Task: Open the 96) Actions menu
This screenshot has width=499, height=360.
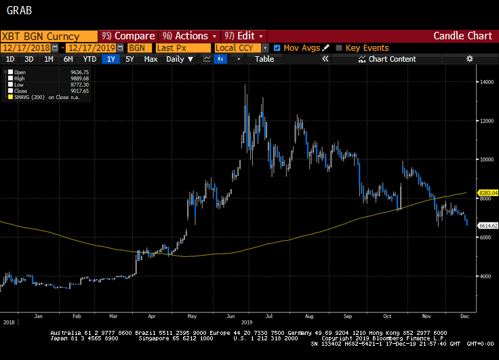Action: pyautogui.click(x=189, y=36)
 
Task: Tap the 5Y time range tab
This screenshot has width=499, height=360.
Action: pyautogui.click(x=129, y=59)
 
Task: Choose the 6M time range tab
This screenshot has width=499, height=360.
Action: pyautogui.click(x=68, y=59)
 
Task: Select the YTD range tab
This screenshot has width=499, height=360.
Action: pyautogui.click(x=89, y=59)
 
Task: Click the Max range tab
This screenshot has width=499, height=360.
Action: pyautogui.click(x=151, y=59)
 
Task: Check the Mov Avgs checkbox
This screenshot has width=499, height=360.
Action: pyautogui.click(x=277, y=48)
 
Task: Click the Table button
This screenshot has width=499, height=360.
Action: pyautogui.click(x=264, y=59)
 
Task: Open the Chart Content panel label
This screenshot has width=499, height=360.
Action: pyautogui.click(x=392, y=59)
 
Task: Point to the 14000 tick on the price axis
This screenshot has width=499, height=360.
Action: pyautogui.click(x=486, y=82)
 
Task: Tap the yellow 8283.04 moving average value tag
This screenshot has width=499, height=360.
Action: pyautogui.click(x=488, y=193)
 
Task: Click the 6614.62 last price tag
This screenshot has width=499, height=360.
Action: pyautogui.click(x=488, y=226)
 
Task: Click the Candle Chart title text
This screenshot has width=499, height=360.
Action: pyautogui.click(x=463, y=36)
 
